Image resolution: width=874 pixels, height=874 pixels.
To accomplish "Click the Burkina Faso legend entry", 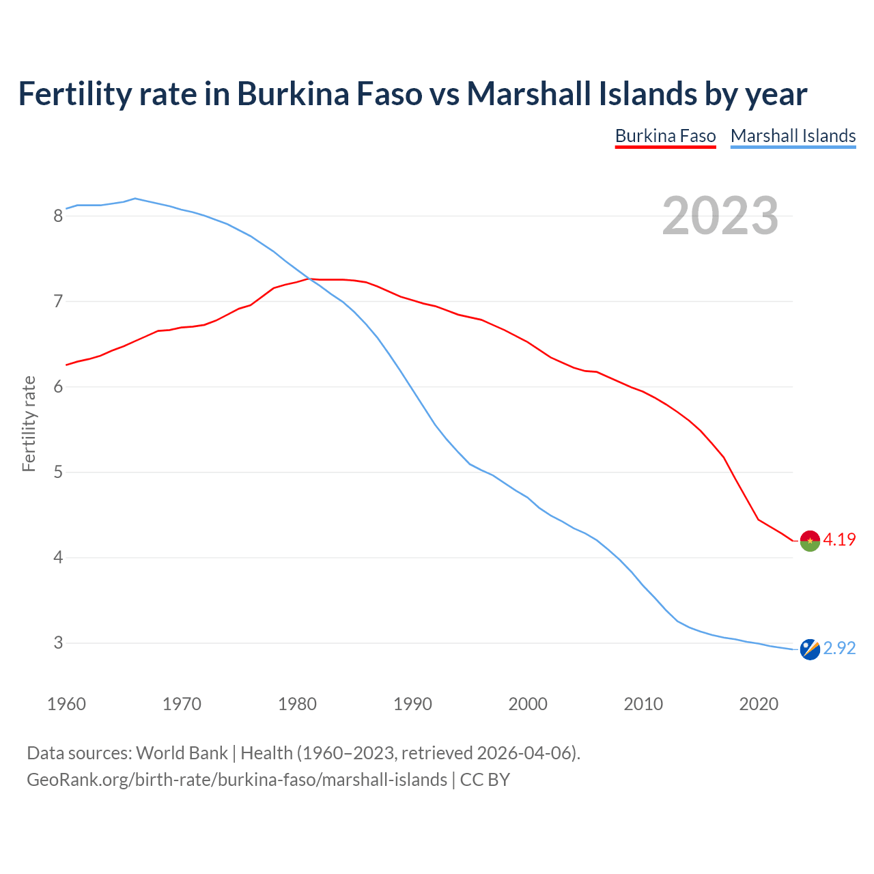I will [665, 136].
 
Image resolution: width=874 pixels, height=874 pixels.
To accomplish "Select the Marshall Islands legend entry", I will [793, 136].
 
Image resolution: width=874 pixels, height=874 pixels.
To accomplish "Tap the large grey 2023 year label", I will [720, 216].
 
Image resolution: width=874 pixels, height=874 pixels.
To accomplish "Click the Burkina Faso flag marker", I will [810, 540].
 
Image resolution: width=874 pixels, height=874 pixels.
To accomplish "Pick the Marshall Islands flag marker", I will [810, 649].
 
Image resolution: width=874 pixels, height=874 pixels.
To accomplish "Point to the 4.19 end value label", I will [839, 539].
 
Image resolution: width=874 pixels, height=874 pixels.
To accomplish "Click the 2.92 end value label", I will [839, 648].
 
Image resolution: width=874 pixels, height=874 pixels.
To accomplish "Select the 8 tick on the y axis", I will [58, 216].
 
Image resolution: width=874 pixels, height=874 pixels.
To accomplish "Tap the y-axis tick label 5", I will [58, 472].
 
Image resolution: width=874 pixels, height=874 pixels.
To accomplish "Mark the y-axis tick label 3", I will [58, 643].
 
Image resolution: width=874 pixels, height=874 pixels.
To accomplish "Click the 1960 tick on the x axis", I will [66, 704].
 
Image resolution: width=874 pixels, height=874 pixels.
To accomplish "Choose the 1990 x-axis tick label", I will [412, 704].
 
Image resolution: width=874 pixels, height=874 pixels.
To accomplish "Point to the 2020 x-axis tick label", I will [759, 704].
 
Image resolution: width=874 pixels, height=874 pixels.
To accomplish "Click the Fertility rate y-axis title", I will [29, 423].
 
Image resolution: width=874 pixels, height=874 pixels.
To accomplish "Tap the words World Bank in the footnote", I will [182, 753].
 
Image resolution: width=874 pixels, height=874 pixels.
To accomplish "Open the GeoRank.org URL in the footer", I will [237, 780].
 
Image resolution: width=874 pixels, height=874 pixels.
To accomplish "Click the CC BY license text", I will [485, 780].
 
